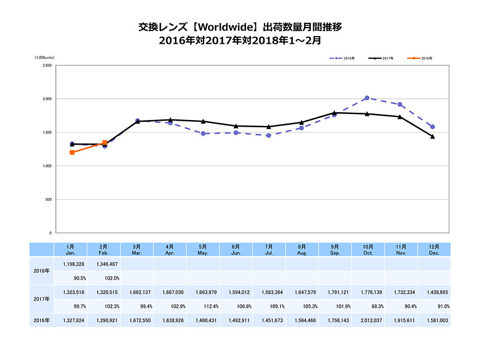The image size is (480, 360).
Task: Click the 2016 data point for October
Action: [x=367, y=98]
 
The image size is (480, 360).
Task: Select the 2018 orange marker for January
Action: [x=72, y=152]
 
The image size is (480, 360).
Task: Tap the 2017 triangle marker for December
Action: [x=432, y=136]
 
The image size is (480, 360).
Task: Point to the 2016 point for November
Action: [x=400, y=104]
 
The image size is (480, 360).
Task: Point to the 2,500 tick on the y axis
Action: [x=46, y=65]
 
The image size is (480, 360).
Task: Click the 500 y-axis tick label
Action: [x=48, y=199]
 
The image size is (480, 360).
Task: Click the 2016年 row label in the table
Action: [x=41, y=321]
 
